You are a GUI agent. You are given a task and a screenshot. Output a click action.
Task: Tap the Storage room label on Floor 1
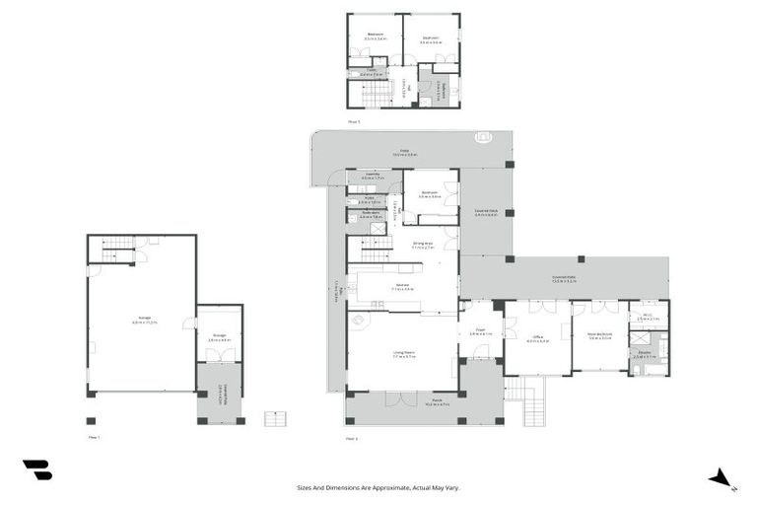click(x=220, y=335)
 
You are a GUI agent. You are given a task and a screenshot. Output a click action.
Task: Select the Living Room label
click(x=401, y=355)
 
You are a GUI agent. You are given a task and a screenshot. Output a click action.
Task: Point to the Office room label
click(x=538, y=337)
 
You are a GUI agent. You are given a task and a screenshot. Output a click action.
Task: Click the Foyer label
click(x=480, y=331)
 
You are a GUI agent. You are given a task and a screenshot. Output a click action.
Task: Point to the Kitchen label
click(x=402, y=287)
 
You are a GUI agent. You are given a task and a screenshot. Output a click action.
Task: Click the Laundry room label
click(x=372, y=176)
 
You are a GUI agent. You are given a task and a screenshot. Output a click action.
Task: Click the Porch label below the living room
click(x=437, y=403)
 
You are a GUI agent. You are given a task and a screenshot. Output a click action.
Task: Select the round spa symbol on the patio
click(x=484, y=138)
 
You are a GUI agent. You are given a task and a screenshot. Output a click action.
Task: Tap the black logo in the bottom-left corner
click(x=36, y=470)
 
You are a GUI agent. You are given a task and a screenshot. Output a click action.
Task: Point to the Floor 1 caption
click(x=95, y=436)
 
